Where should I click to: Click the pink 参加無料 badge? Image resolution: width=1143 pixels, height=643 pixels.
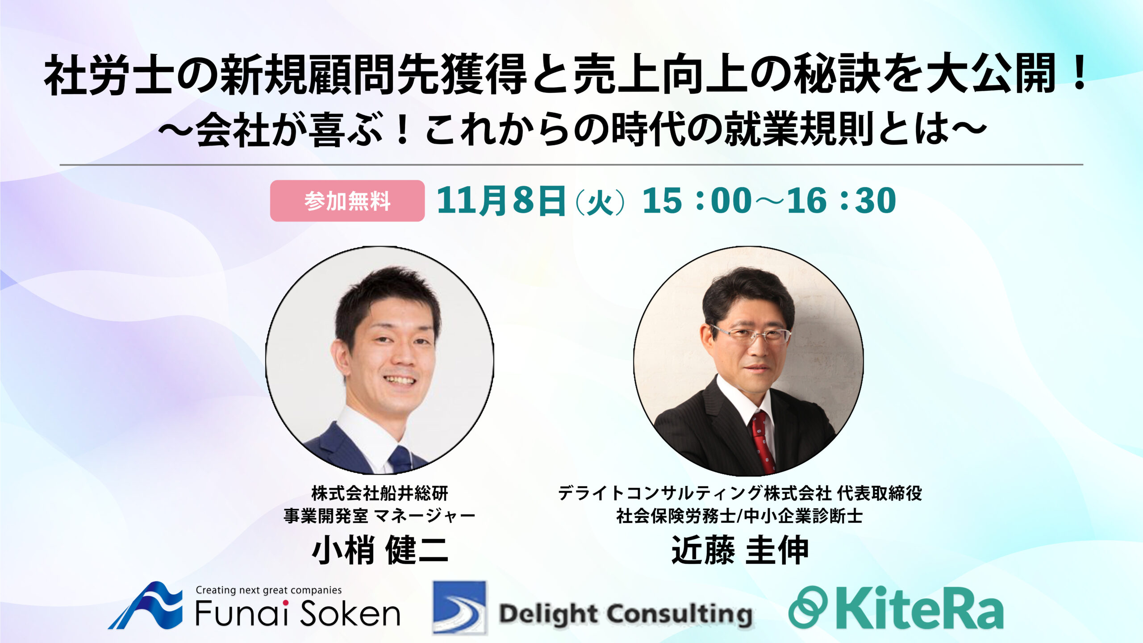coord(347,201)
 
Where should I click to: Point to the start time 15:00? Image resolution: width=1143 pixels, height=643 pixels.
coord(697,200)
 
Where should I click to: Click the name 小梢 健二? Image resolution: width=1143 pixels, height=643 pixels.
coord(380,550)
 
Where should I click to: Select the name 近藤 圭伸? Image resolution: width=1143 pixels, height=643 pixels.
coord(740,550)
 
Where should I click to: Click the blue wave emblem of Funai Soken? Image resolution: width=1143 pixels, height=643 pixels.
coord(146,605)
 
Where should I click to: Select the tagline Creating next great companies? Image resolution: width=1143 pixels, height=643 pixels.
coord(269,590)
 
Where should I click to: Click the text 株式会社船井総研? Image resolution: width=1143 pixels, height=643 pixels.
coord(380,493)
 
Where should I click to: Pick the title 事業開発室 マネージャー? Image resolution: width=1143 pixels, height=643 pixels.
coord(380,516)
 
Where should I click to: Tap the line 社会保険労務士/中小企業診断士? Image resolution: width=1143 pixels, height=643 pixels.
coord(740,516)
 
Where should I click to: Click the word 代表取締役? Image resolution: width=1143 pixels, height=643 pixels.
coord(880,493)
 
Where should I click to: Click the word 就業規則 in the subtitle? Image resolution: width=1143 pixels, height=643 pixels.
coord(799,129)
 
